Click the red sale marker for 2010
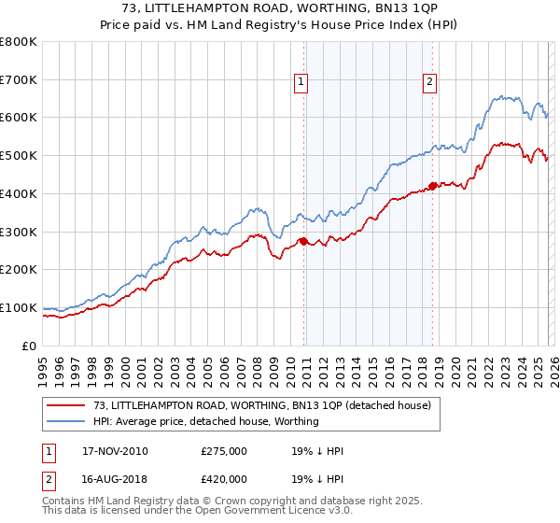coord(304,241)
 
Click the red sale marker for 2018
coord(432,185)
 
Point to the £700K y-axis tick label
coord(19,80)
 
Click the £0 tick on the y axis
coord(30,346)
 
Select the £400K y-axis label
coord(19,194)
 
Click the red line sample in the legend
coord(66,406)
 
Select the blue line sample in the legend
coord(66,422)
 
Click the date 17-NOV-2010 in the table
coord(115,451)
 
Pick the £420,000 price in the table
coord(224,478)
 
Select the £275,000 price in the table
coord(224,451)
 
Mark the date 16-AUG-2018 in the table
coord(115,478)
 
